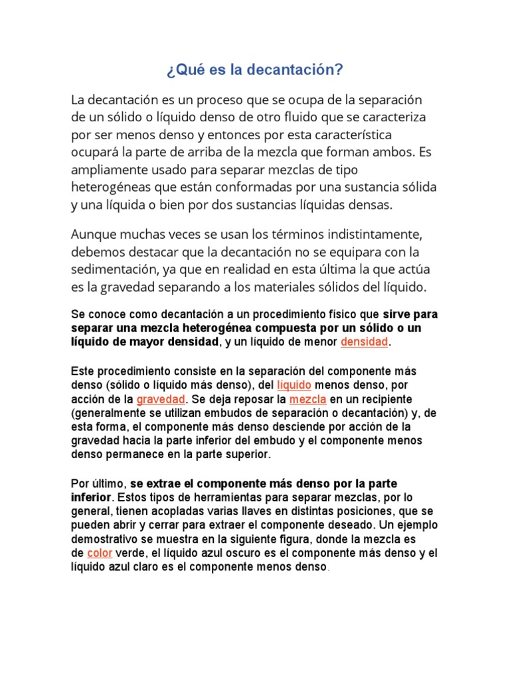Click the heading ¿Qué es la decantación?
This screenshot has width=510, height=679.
[254, 70]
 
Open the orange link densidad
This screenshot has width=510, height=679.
[364, 342]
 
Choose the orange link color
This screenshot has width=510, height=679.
[100, 554]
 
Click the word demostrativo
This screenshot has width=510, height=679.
[107, 539]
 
